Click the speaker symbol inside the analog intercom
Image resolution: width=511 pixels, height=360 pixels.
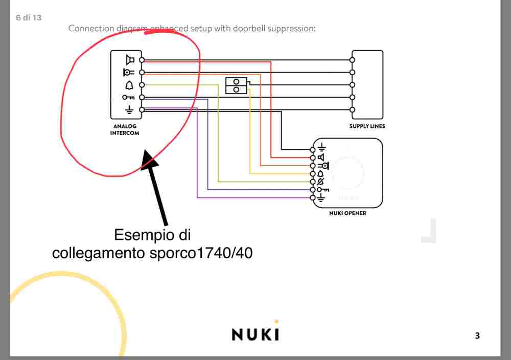130,59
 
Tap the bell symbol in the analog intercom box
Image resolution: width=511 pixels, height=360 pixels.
129,84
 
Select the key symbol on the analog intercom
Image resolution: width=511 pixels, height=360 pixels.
128,97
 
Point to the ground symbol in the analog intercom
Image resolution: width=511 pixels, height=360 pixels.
129,109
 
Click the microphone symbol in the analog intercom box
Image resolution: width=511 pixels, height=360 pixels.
128,72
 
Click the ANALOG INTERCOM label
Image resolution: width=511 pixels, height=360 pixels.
125,129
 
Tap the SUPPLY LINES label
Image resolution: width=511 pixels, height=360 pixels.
367,126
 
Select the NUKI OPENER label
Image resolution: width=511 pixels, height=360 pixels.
347,213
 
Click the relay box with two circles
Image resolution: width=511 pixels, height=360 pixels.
236,85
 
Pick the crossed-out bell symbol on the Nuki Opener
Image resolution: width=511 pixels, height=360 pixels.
321,182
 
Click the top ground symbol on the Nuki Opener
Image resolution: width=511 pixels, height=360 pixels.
321,149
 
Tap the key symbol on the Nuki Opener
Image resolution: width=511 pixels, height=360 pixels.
322,190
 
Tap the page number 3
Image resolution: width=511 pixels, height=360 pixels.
477,336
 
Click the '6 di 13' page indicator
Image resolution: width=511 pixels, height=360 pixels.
29,18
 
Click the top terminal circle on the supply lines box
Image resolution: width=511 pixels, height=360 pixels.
352,60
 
